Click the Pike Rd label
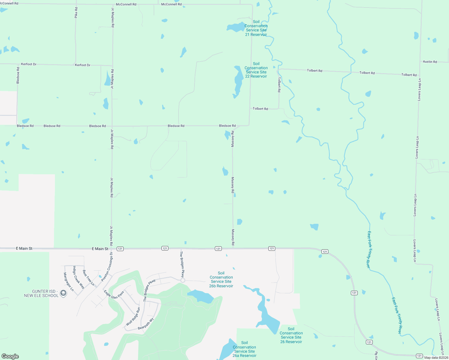76,13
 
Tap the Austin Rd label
430,62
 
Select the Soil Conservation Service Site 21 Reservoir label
256,28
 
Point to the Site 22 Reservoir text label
256,70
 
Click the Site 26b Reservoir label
221,280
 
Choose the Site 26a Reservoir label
245,349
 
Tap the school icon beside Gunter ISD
63,293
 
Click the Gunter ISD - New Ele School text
41,293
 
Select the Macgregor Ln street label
68,282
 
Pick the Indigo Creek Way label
79,277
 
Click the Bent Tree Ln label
88,278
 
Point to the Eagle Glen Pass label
114,295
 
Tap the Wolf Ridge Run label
133,316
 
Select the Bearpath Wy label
146,324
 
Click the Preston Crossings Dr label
107,267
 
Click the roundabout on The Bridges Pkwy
183,280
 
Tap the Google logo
10,356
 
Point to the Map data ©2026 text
436,358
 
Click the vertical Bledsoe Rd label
18,76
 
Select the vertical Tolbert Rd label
279,85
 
